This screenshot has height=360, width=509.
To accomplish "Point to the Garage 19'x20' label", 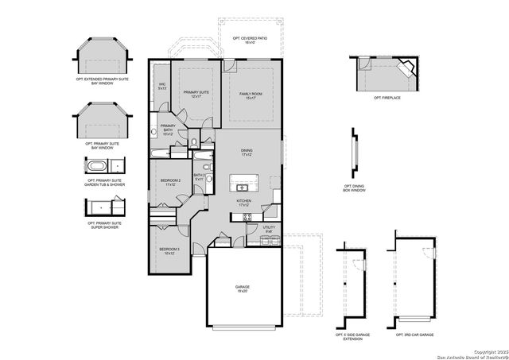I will coord(242,289).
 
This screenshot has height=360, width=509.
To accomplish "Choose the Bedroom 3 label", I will coord(169,252).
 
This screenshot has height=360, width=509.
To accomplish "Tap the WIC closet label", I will coord(162,86).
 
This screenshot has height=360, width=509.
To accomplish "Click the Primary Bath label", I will coord(168,130).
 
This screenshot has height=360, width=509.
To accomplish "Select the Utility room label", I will coord(269,229).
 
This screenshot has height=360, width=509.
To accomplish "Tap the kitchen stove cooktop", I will coord(247,216).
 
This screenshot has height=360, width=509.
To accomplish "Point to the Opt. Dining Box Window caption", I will coord(354,188).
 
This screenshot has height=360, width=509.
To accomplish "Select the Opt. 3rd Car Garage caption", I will coord(414,335).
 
